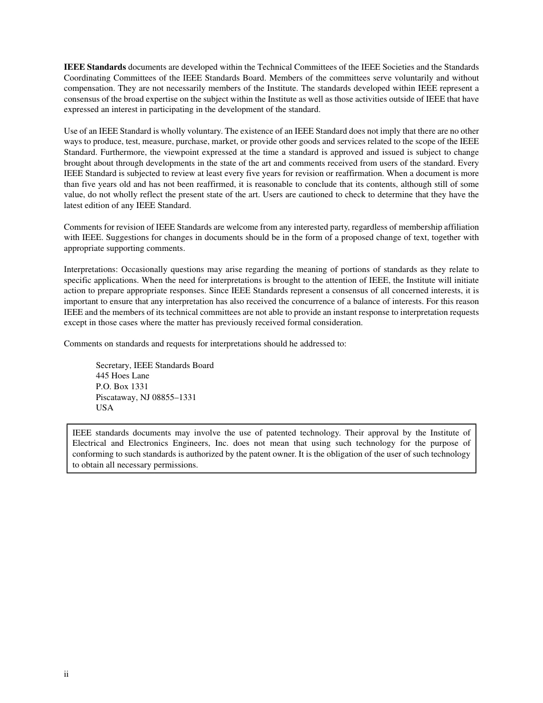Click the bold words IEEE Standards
[x=95, y=67]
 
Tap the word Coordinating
[x=86, y=78]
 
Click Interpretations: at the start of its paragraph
[x=91, y=270]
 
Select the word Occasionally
[x=145, y=270]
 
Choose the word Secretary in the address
[x=113, y=365]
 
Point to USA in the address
[x=105, y=408]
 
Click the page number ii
[x=66, y=674]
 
